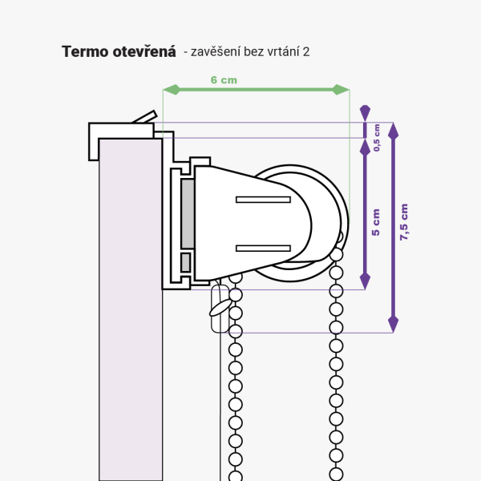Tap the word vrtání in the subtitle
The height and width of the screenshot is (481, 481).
[281, 51]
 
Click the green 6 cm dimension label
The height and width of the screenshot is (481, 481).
[224, 80]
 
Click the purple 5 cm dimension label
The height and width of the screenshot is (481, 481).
[376, 222]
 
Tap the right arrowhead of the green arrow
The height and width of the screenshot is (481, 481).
[344, 89]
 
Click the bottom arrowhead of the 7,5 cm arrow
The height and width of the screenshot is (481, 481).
[393, 325]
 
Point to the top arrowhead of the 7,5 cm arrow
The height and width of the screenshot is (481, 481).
[393, 129]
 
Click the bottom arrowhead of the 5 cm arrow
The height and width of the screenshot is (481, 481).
[365, 281]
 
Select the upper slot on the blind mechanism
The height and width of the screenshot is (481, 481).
[262, 199]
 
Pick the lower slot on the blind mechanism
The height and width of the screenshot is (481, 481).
[262, 248]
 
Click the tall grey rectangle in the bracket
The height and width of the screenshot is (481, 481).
[188, 213]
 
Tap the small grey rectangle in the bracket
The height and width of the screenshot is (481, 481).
[186, 262]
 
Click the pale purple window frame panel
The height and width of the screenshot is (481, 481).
[130, 321]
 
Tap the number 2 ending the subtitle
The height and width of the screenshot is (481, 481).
[306, 51]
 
